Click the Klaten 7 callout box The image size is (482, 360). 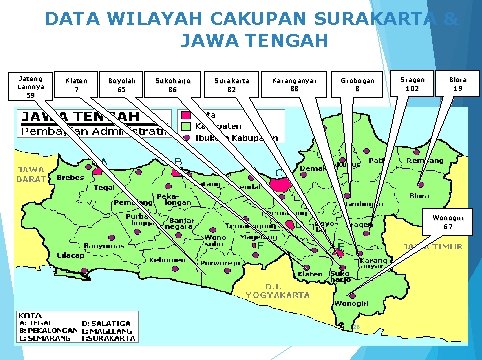76,84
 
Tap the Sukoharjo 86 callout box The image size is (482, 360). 172,84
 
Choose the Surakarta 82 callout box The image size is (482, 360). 231,84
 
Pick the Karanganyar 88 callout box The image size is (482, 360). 294,84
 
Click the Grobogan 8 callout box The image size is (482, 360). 357,84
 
